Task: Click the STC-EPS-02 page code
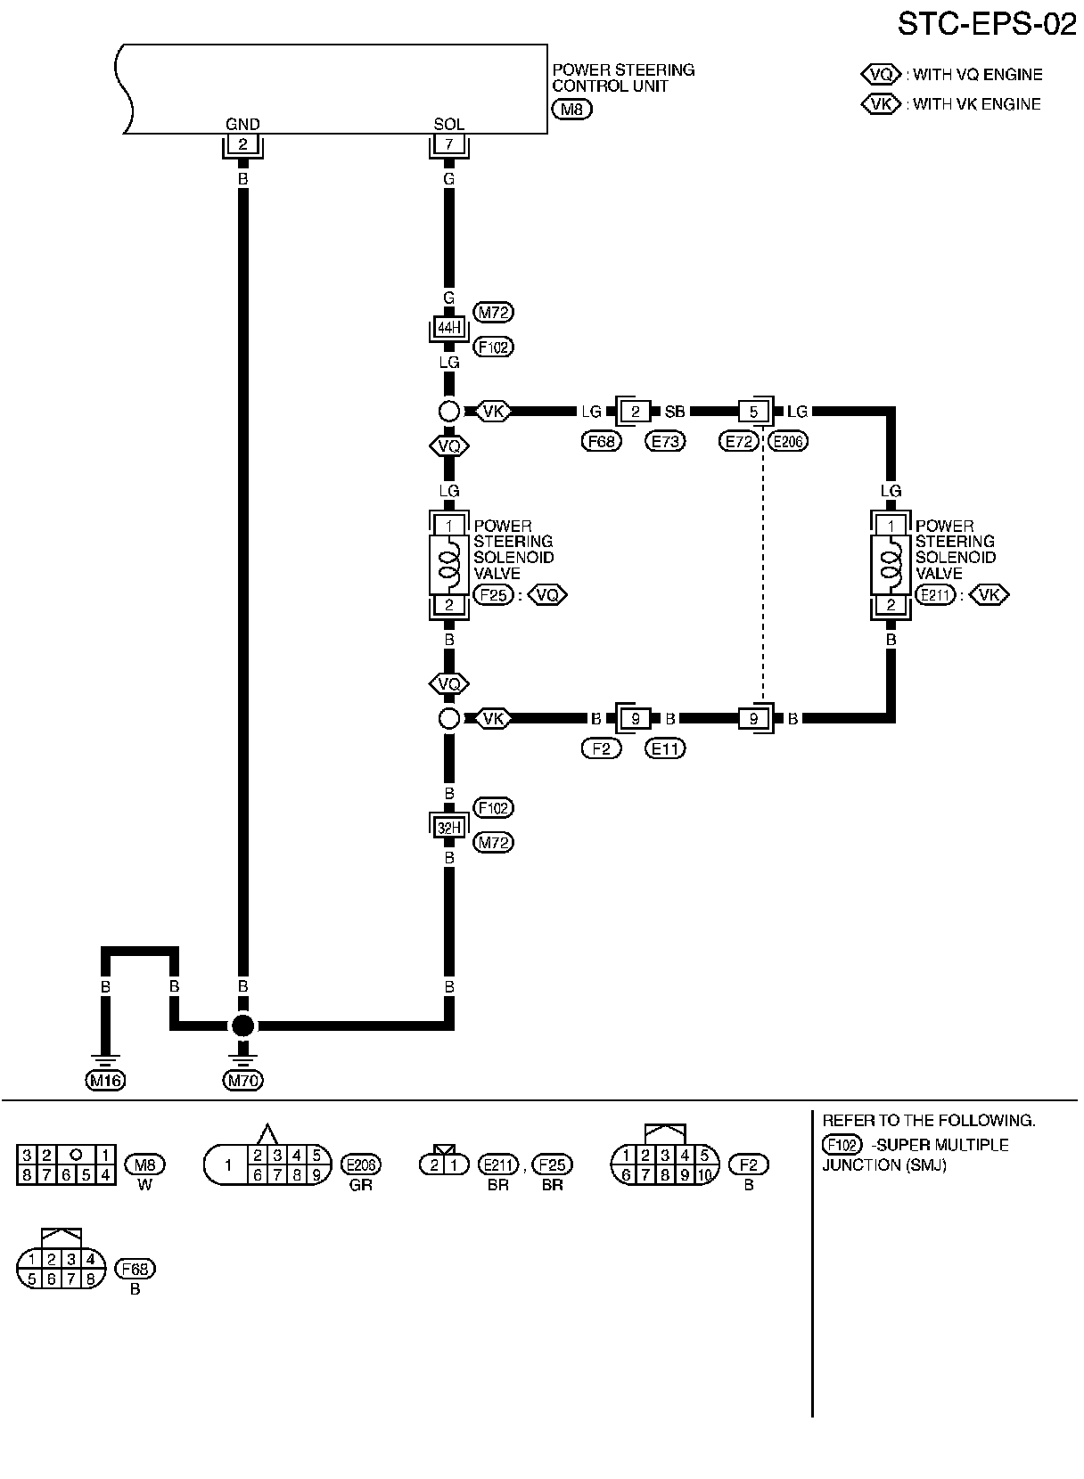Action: [987, 24]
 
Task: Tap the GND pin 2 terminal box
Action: [242, 145]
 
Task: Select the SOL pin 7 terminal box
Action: [448, 145]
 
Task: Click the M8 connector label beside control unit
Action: [571, 110]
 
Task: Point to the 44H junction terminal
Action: [448, 328]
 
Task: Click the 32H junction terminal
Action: [448, 826]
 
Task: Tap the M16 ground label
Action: [105, 1081]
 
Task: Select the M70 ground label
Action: [242, 1081]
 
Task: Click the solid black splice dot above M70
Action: [242, 1025]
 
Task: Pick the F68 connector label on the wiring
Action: [602, 440]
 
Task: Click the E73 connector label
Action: [665, 440]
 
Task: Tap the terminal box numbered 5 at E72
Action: [753, 412]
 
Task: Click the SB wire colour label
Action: [675, 412]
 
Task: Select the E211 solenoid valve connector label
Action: [935, 595]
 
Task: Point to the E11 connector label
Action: [665, 748]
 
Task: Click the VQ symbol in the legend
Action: [881, 75]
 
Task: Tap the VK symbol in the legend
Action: [881, 104]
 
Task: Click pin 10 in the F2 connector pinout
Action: [704, 1174]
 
